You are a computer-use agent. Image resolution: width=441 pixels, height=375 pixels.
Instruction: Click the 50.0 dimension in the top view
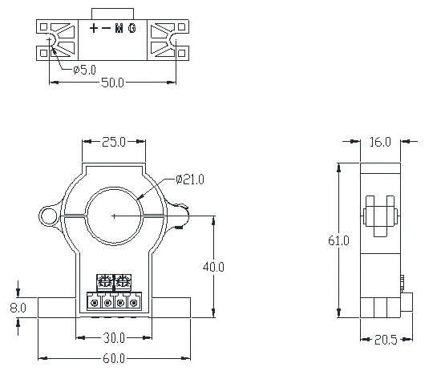[x=113, y=83]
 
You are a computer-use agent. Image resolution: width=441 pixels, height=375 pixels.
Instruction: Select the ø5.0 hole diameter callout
[x=86, y=70]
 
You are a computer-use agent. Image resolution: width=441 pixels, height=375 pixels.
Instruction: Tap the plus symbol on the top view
[x=95, y=29]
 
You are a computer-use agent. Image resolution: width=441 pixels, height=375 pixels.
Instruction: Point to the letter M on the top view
[x=119, y=29]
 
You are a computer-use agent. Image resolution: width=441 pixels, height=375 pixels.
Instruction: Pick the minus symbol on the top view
[x=107, y=29]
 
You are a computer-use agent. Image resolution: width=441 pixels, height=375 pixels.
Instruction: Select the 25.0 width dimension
[x=113, y=142]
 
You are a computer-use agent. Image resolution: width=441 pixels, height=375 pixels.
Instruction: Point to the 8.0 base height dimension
[x=18, y=306]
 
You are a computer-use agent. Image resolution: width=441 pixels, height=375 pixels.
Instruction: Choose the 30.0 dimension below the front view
[x=113, y=337]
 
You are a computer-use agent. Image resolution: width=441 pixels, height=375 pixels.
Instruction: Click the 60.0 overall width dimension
[x=113, y=357]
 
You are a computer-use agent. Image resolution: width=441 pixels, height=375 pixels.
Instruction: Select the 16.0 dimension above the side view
[x=379, y=142]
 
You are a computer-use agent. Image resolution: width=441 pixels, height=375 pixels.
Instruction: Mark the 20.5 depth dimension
[x=386, y=339]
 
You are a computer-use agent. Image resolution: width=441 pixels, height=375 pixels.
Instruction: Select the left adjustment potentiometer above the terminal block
[x=103, y=281]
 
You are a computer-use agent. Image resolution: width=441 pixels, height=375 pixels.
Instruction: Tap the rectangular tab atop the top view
[x=113, y=13]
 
